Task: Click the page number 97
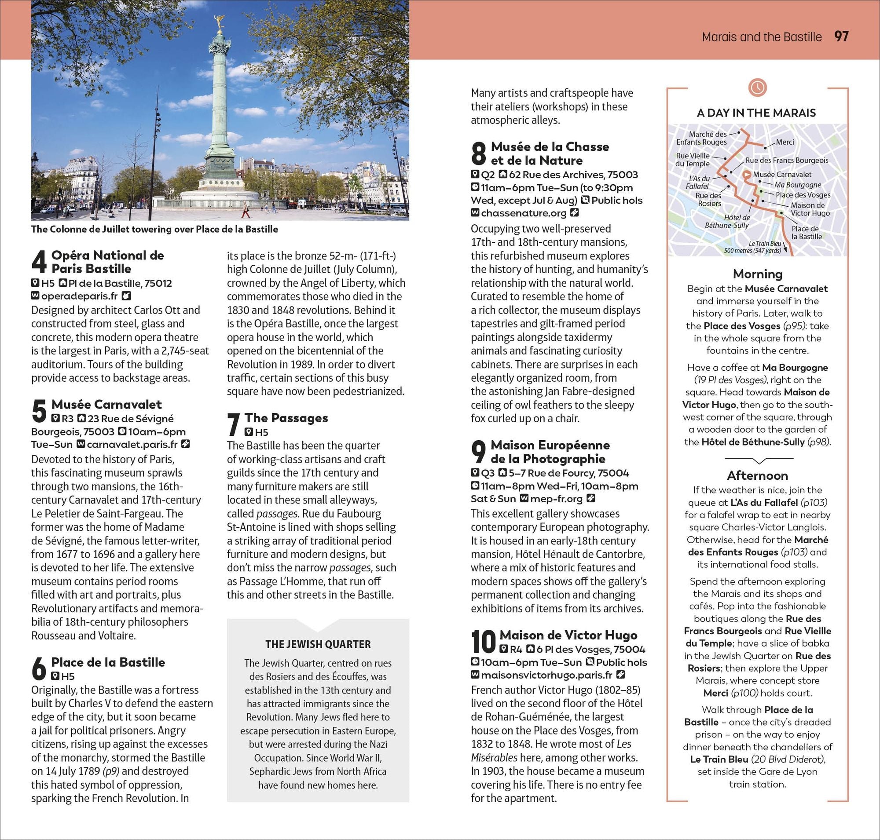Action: [x=841, y=36]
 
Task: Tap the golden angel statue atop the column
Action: [x=220, y=22]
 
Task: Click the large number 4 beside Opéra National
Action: [x=39, y=262]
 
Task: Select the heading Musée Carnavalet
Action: [x=106, y=404]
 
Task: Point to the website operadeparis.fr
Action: [x=79, y=296]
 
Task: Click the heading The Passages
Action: [x=286, y=418]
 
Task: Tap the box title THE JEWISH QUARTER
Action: [x=318, y=644]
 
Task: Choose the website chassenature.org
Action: [x=523, y=213]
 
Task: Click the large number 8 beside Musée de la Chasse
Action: [x=479, y=153]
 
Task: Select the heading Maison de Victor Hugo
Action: [x=568, y=635]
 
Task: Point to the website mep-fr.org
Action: [x=556, y=498]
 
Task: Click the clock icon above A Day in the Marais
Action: [x=757, y=87]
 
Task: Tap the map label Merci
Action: [x=785, y=142]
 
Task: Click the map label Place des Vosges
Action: [x=803, y=195]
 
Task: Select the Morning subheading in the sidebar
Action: [x=757, y=274]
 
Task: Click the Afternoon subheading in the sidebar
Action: [x=757, y=475]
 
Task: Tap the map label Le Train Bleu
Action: [x=764, y=244]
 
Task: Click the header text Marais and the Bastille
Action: [x=761, y=37]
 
